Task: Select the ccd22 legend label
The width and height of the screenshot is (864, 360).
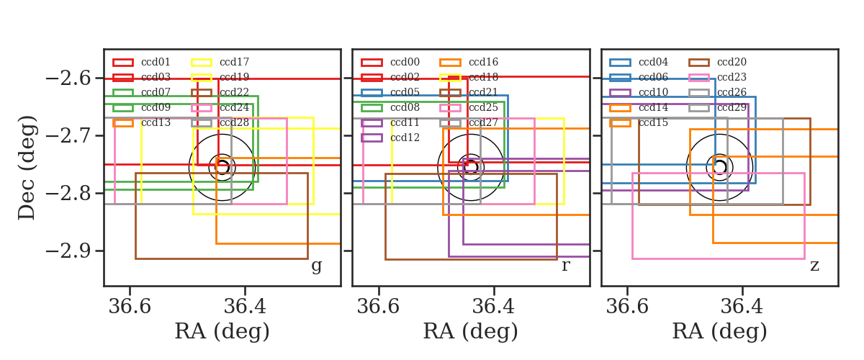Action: point(234,92)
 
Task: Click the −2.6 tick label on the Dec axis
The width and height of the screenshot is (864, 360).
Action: point(68,78)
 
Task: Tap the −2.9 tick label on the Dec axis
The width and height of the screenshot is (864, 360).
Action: point(68,251)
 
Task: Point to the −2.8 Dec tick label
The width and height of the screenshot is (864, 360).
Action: point(68,193)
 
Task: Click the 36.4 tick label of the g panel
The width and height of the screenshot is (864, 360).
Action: point(245,307)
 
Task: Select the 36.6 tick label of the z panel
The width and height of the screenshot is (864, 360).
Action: point(627,307)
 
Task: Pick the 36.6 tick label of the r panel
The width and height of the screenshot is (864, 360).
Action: point(379,307)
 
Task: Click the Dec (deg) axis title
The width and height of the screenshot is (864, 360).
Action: point(27,168)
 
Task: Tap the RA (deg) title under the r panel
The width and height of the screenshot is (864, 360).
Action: point(471,331)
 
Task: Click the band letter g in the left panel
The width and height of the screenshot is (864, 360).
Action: point(316,266)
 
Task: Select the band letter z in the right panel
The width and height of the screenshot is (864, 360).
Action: point(814,266)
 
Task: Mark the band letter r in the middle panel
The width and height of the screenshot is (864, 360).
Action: point(565,266)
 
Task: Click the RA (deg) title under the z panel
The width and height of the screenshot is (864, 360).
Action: point(720,331)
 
